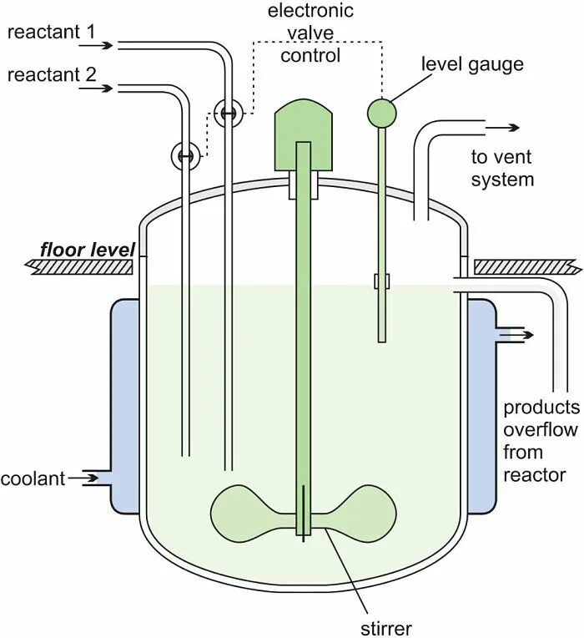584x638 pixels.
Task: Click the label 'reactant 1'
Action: pyautogui.click(x=51, y=32)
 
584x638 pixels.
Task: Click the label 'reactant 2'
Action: pyautogui.click(x=51, y=75)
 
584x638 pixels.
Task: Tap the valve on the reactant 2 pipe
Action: pyautogui.click(x=185, y=154)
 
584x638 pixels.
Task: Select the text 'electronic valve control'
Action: pyautogui.click(x=310, y=33)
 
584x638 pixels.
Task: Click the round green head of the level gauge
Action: pyautogui.click(x=382, y=111)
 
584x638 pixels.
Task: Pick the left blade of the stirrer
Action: pyautogui.click(x=247, y=511)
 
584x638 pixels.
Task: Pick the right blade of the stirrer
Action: pyautogui.click(x=360, y=511)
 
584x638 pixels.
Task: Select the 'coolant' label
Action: pyautogui.click(x=32, y=479)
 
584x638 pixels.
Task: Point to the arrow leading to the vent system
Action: pyautogui.click(x=504, y=128)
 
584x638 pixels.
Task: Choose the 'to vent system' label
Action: pyautogui.click(x=501, y=168)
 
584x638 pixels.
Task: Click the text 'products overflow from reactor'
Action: pyautogui.click(x=541, y=441)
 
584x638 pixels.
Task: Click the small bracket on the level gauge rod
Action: pyautogui.click(x=382, y=281)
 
